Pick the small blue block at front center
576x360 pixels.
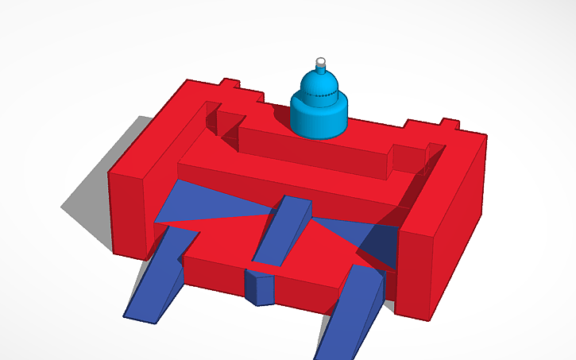(259, 287)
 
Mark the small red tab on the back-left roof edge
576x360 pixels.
(230, 83)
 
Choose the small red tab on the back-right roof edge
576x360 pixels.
(448, 124)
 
